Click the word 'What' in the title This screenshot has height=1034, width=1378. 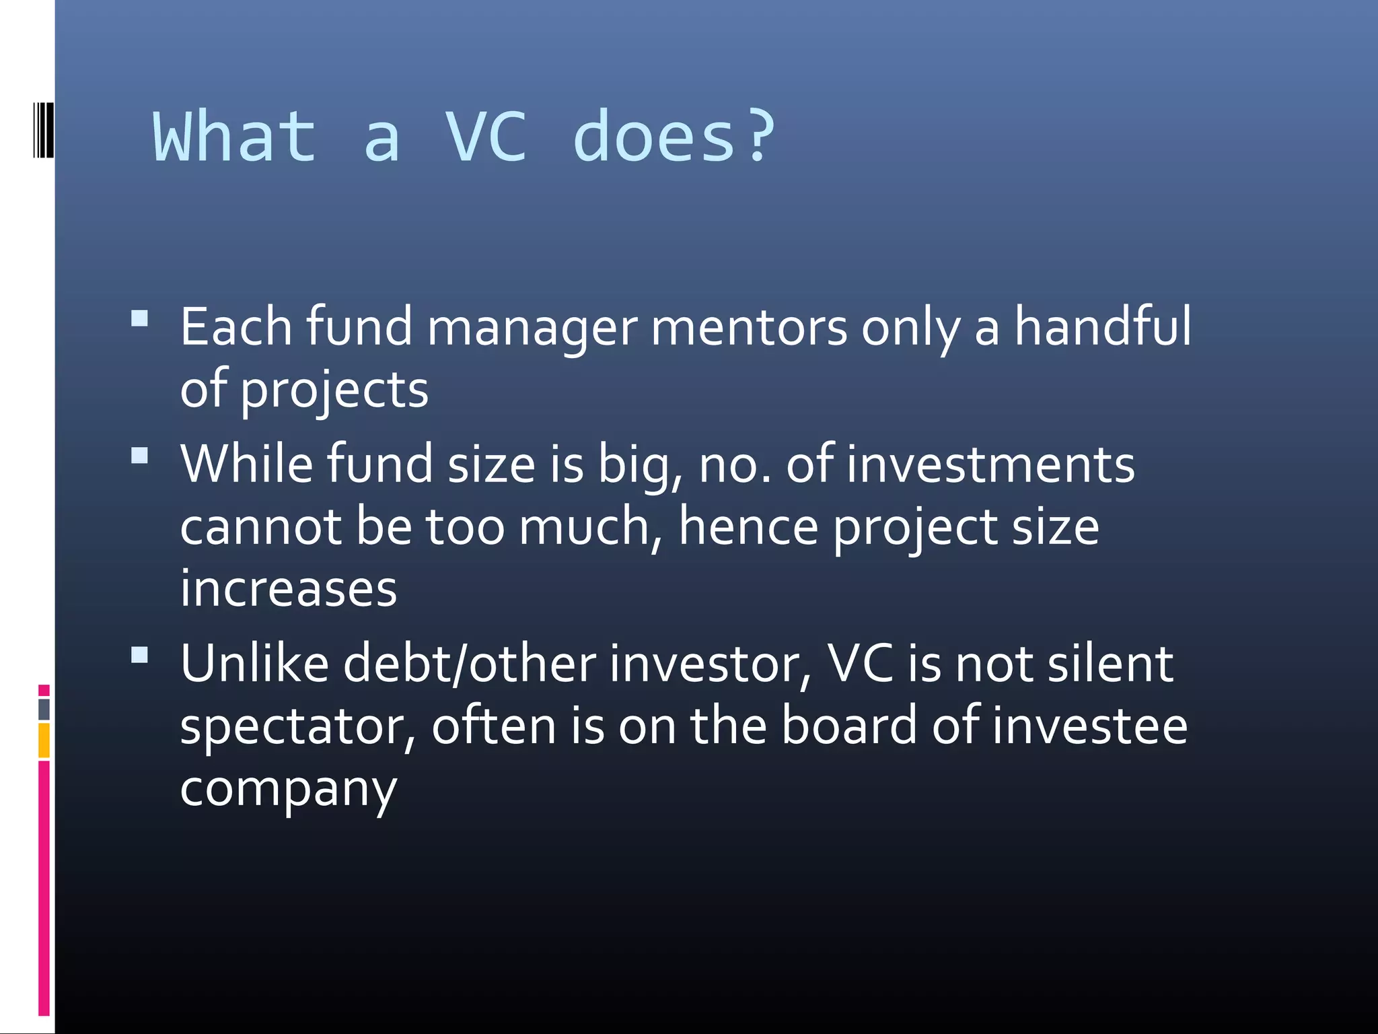(x=234, y=137)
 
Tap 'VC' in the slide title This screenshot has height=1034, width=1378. (x=486, y=137)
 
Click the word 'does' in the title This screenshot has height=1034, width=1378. (x=654, y=137)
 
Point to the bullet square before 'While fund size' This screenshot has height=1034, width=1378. (x=140, y=456)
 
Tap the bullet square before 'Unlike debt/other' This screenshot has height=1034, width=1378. (x=140, y=655)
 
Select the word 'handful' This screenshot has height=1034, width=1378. (x=1102, y=326)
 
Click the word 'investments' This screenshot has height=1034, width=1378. (x=990, y=464)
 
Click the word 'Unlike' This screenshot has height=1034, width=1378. (x=254, y=664)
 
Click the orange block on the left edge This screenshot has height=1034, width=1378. (x=44, y=740)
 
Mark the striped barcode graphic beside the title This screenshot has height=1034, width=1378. (x=43, y=130)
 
